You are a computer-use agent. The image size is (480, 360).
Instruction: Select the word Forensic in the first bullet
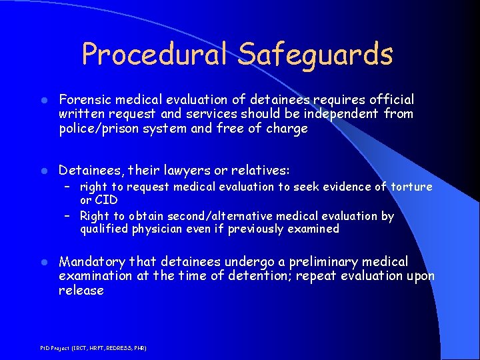tap(84, 99)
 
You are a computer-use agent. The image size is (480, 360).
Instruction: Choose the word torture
tap(411, 187)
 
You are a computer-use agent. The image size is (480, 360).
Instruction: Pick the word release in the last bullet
tap(81, 291)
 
